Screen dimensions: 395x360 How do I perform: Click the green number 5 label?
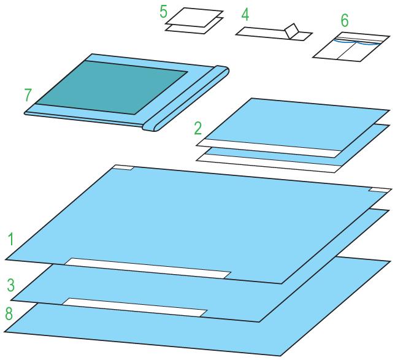click(x=164, y=12)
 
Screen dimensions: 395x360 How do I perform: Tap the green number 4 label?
click(x=245, y=15)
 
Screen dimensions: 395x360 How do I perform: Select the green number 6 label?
click(x=345, y=20)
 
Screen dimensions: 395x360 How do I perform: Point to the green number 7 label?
click(x=28, y=95)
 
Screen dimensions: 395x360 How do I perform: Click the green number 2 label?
click(x=198, y=128)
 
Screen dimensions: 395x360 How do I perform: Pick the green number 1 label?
click(x=11, y=239)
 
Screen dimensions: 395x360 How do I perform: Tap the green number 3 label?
click(x=11, y=285)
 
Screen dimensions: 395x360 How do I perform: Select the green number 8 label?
click(x=9, y=314)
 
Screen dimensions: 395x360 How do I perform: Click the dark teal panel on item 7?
click(x=112, y=88)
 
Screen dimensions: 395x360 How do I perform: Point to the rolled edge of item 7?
click(x=186, y=98)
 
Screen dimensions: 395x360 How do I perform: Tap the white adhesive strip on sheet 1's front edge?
click(x=148, y=268)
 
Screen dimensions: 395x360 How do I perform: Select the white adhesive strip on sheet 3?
click(x=135, y=307)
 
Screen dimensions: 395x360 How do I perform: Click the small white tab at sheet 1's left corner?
click(x=124, y=167)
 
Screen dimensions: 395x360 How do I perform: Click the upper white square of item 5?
click(x=194, y=17)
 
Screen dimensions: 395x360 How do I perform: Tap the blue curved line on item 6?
click(x=357, y=42)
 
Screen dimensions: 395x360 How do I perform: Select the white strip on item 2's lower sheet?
click(x=269, y=164)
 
